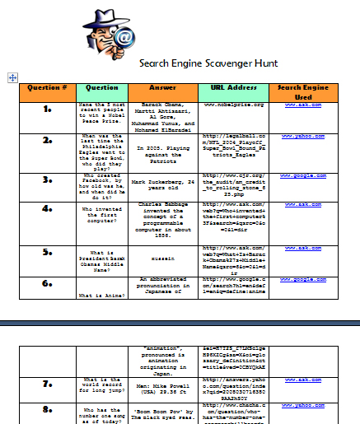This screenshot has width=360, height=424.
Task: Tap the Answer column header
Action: click(x=161, y=87)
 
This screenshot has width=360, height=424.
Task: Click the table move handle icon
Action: click(x=12, y=77)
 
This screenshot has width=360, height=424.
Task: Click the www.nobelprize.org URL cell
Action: click(x=232, y=105)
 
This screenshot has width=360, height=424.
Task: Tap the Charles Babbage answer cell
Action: click(x=161, y=216)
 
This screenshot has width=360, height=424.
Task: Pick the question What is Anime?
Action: click(x=102, y=294)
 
